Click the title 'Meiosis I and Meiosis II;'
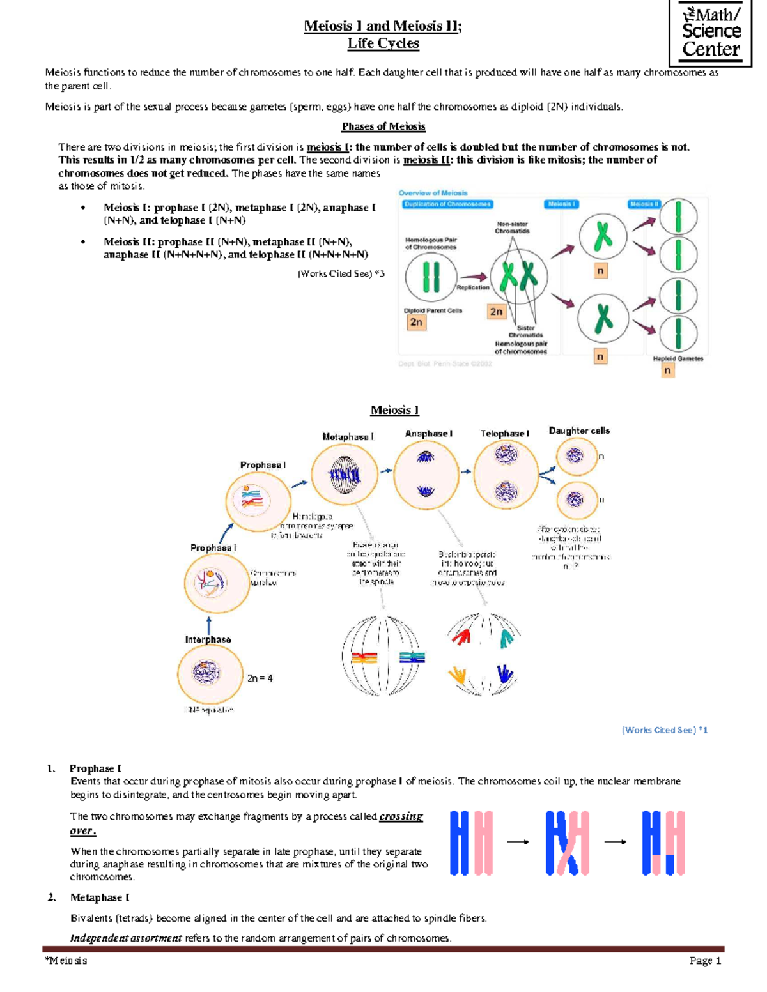click(x=383, y=26)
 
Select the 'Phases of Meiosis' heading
click(x=383, y=126)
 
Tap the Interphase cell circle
click(x=209, y=673)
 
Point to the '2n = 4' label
click(x=260, y=678)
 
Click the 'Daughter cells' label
click(x=579, y=431)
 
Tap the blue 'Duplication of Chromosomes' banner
click(x=447, y=204)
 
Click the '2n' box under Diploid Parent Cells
click(x=416, y=323)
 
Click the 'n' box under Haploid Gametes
click(x=667, y=370)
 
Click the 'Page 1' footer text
click(x=705, y=961)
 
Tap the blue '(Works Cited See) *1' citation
click(x=664, y=730)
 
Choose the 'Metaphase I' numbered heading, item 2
click(x=100, y=897)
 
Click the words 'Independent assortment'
click(x=126, y=938)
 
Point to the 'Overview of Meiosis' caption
click(x=433, y=193)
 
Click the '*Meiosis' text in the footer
click(x=66, y=961)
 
